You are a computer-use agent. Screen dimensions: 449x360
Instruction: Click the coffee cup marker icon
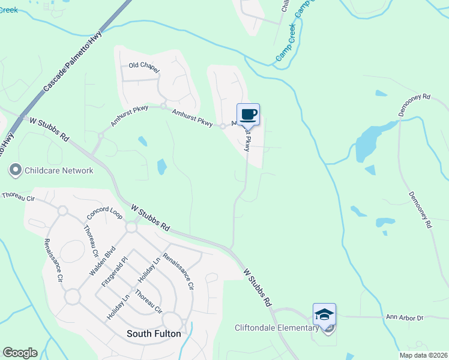(x=248, y=114)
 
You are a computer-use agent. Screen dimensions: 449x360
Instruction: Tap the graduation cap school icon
(x=324, y=314)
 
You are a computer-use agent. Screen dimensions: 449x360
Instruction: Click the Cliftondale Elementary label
(x=276, y=328)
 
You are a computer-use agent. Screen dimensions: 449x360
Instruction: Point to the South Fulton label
(x=154, y=334)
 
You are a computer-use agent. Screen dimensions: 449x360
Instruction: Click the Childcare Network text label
(x=59, y=170)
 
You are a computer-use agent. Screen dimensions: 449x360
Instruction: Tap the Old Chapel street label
(x=144, y=67)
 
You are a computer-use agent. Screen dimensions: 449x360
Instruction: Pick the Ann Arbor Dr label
(x=405, y=317)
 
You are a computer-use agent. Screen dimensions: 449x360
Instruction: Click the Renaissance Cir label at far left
(x=52, y=260)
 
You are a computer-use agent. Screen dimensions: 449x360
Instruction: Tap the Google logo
(x=20, y=352)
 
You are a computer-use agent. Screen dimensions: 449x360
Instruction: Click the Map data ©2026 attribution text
(x=423, y=355)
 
